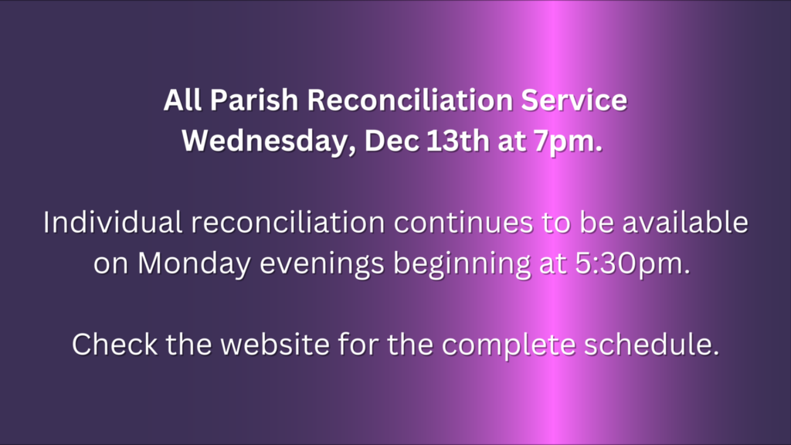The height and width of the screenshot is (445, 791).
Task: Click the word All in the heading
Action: [x=182, y=100]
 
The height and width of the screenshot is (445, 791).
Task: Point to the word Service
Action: [x=574, y=100]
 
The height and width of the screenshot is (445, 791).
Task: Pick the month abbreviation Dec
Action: [x=392, y=141]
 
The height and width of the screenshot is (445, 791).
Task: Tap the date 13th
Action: [x=458, y=141]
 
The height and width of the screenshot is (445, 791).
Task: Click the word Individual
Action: [x=113, y=222]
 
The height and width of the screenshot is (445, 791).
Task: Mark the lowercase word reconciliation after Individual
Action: [x=288, y=222]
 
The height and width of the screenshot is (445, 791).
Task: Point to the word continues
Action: [x=463, y=223]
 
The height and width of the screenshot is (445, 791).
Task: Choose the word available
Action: [x=685, y=222]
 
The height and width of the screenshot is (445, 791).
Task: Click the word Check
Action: [x=114, y=345]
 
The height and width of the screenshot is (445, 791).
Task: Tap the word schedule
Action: [x=652, y=345]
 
